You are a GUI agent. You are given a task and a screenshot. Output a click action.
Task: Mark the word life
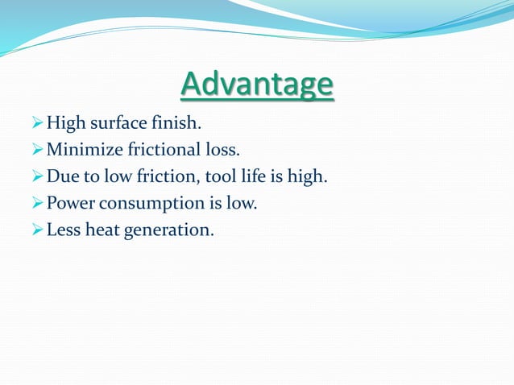250,176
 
